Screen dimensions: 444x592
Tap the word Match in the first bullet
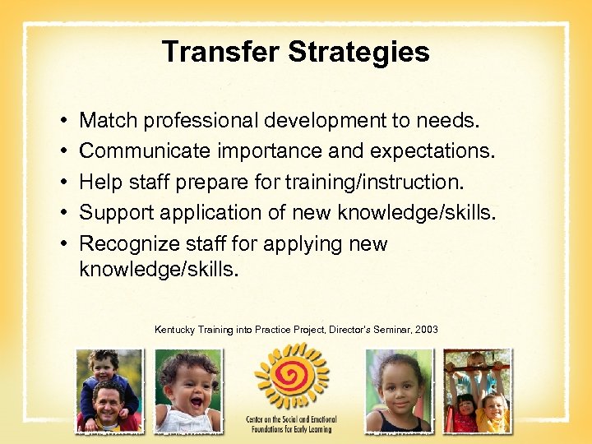coord(108,121)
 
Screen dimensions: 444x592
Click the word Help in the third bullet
coord(99,182)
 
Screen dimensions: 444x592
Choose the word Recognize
coord(128,243)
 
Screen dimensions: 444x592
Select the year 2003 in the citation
coord(427,330)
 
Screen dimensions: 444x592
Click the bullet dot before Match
coord(64,122)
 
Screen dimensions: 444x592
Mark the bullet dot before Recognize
coord(64,244)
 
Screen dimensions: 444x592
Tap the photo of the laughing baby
coord(188,391)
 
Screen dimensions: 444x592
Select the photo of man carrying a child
coord(109,391)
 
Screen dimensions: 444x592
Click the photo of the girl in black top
coord(398,391)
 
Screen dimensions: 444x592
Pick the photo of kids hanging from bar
coord(477,391)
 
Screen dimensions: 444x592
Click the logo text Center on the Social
coord(291,420)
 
